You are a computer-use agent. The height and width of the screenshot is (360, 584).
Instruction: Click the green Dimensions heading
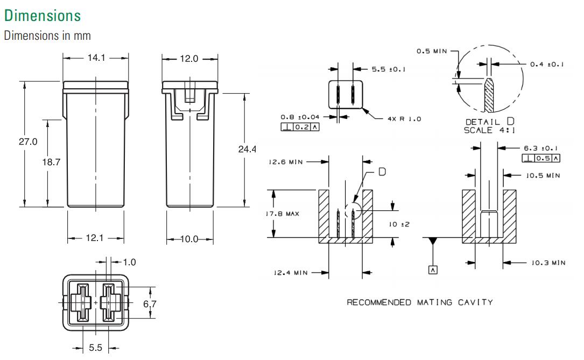click(x=42, y=16)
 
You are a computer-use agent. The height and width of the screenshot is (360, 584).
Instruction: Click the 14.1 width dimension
click(x=96, y=58)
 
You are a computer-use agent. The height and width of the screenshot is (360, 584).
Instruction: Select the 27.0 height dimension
click(x=28, y=142)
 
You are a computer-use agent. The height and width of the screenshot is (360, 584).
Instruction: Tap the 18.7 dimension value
click(x=52, y=163)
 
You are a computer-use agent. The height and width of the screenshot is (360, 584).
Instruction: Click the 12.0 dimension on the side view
click(x=189, y=58)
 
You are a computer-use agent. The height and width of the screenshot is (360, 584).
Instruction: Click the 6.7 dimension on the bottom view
click(x=150, y=304)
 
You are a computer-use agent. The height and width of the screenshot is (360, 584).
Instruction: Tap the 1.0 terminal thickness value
click(x=129, y=262)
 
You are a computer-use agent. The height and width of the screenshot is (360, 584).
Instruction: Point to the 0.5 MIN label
click(x=432, y=51)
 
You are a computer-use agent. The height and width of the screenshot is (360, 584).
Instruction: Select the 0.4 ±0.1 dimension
click(x=547, y=64)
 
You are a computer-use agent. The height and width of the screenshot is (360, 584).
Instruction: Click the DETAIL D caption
click(x=489, y=122)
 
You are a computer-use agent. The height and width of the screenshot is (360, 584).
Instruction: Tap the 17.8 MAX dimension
click(x=283, y=214)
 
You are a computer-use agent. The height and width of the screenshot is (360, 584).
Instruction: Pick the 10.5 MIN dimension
click(x=541, y=175)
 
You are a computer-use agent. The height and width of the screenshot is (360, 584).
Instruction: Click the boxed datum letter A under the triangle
click(x=433, y=270)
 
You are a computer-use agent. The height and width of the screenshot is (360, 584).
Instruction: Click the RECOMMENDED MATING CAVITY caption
click(x=419, y=302)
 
